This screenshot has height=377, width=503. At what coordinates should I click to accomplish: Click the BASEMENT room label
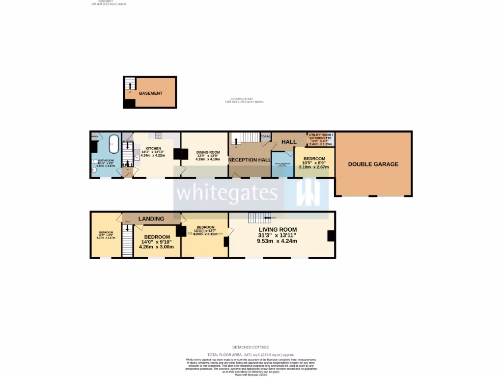[150, 93]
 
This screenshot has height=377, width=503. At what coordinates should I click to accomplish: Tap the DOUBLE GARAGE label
[373, 164]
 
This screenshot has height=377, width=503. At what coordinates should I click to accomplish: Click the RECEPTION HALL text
[250, 160]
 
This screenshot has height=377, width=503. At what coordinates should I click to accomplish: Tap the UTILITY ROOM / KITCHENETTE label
[321, 136]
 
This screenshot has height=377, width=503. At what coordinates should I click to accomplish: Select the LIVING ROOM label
[278, 229]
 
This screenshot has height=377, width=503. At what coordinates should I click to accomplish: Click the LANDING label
[151, 218]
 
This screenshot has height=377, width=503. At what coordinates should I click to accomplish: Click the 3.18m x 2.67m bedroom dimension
[314, 167]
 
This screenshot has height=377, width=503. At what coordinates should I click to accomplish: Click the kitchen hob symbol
[159, 135]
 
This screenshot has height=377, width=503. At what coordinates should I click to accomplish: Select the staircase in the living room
[256, 217]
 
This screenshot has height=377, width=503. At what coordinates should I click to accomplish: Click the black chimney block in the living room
[331, 236]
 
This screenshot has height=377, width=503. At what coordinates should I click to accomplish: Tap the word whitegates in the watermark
[226, 193]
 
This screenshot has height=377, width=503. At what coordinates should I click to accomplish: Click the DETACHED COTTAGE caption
[251, 347]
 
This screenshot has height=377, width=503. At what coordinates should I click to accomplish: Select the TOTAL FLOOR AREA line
[251, 354]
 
